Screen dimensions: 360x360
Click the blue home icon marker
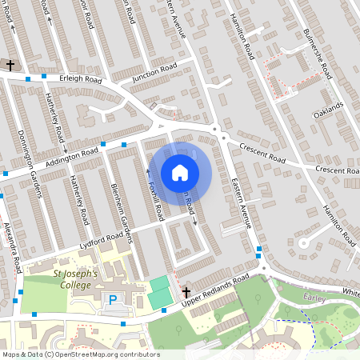pyautogui.click(x=180, y=172)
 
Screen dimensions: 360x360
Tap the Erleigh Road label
pyautogui.click(x=82, y=80)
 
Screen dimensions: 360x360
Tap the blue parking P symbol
pyautogui.click(x=112, y=300)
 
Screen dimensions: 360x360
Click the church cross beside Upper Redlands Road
pyautogui.click(x=186, y=293)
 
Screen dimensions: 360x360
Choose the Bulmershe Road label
pyautogui.click(x=318, y=52)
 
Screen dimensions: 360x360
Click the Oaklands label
pyautogui.click(x=328, y=110)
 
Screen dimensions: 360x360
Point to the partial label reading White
pyautogui.click(x=351, y=293)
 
